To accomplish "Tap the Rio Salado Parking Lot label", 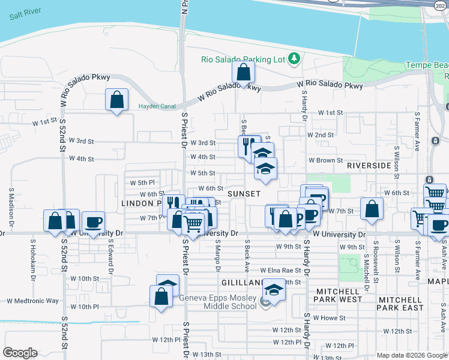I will pos(244,59).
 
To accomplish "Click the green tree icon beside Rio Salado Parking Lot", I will pos(294,58).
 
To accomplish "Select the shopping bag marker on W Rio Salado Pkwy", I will pos(243,73).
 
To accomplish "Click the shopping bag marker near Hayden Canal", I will pos(116,100).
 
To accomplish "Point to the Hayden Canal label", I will pos(156,106).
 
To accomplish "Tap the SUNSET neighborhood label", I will pos(244,194).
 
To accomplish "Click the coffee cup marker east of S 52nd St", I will pos(92,221).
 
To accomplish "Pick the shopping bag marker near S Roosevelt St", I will pos(372,209).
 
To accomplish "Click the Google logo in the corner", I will pos(20,353).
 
